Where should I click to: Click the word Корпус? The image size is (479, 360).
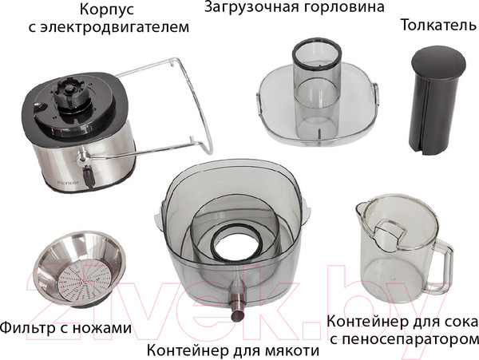coord(107,10)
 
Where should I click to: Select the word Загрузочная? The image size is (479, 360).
coord(250,7)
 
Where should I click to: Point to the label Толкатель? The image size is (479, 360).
coord(439,25)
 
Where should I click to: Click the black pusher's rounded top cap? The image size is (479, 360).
coord(438,61)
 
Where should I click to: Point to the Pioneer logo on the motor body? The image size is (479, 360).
coord(68,182)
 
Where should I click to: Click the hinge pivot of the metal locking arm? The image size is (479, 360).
coord(82,157)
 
